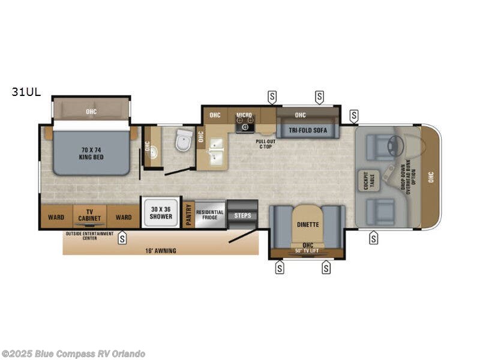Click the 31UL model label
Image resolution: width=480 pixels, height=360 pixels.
click(26, 92)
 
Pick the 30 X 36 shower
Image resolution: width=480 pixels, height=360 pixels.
click(160, 212)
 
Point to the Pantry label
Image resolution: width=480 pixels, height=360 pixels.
click(189, 215)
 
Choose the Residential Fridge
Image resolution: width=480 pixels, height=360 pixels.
click(210, 214)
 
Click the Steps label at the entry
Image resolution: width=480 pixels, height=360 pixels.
click(242, 215)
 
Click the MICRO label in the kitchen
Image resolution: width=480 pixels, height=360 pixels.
click(244, 115)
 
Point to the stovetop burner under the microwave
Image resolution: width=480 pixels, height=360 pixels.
click(245, 127)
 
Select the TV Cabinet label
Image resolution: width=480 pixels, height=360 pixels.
click(89, 215)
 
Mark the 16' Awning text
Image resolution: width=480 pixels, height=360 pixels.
click(161, 250)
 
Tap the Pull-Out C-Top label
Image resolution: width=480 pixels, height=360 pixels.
click(266, 143)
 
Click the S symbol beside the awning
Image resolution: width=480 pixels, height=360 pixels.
click(122, 238)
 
